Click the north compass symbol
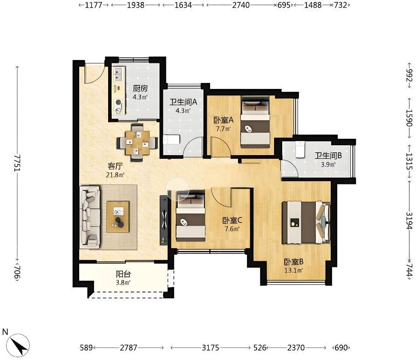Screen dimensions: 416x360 pyautogui.click(x=18, y=345)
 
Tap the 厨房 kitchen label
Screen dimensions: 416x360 pyautogui.click(x=140, y=88)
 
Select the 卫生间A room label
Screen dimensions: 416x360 pyautogui.click(x=184, y=102)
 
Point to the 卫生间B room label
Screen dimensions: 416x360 pyautogui.click(x=328, y=156)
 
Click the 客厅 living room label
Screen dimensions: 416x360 pyautogui.click(x=115, y=166)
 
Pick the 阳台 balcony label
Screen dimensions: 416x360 pyautogui.click(x=123, y=274)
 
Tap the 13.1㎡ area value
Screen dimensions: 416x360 pyautogui.click(x=293, y=271)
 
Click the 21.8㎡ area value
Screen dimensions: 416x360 pyautogui.click(x=115, y=175)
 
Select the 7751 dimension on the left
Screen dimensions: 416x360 pyautogui.click(x=18, y=163)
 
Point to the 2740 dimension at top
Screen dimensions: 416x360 pyautogui.click(x=241, y=5)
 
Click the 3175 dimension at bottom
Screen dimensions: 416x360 pyautogui.click(x=211, y=347)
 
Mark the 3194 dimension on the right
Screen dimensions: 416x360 pyautogui.click(x=409, y=221)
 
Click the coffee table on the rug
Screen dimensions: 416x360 pyautogui.click(x=118, y=217)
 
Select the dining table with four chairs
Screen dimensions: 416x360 pyautogui.click(x=137, y=143)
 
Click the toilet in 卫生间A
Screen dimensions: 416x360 pyautogui.click(x=171, y=139)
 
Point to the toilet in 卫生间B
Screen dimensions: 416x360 pyautogui.click(x=300, y=149)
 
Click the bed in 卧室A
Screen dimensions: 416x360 pyautogui.click(x=255, y=122)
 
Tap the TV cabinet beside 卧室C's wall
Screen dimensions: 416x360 pyautogui.click(x=164, y=220)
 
